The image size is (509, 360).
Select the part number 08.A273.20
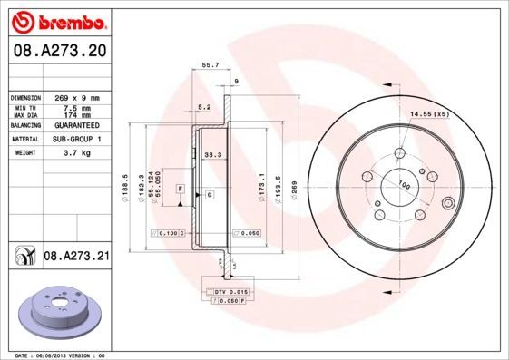(59, 54)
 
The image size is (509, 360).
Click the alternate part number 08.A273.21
(77, 258)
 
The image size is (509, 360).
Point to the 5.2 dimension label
(204, 107)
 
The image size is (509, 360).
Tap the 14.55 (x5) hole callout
(430, 113)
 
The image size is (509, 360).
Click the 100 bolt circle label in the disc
(405, 186)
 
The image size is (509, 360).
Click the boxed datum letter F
(181, 187)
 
